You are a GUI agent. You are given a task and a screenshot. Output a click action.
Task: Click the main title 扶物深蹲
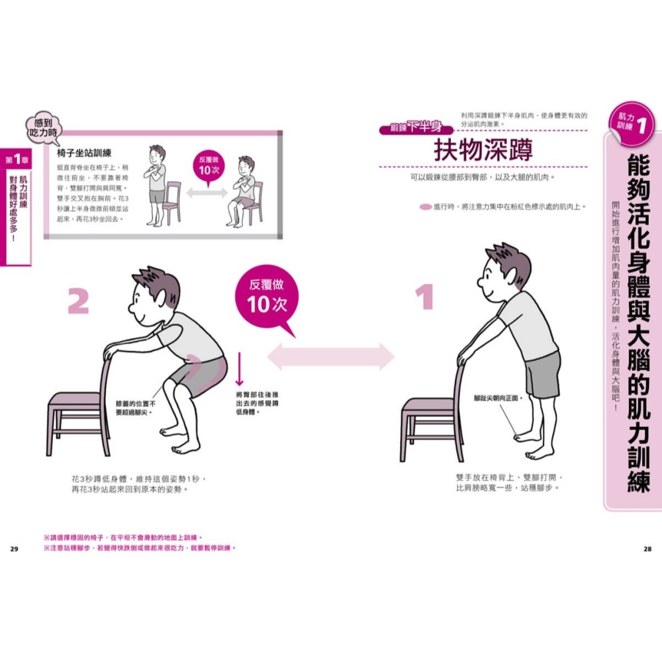pyautogui.click(x=483, y=151)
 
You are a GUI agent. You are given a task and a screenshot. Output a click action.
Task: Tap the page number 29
pyautogui.click(x=14, y=548)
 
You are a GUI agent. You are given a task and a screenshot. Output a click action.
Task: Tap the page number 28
pyautogui.click(x=647, y=548)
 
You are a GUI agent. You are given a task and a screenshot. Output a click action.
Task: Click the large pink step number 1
pyautogui.click(x=424, y=297)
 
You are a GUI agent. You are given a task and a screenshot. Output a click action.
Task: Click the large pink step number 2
pyautogui.click(x=78, y=301)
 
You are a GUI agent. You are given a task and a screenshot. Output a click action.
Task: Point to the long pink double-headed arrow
pyautogui.click(x=330, y=357)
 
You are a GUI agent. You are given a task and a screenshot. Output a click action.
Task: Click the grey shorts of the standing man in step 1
pyautogui.click(x=542, y=374)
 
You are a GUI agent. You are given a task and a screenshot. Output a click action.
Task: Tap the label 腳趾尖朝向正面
pyautogui.click(x=498, y=399)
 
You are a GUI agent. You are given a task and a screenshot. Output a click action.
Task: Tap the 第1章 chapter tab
pyautogui.click(x=15, y=160)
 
